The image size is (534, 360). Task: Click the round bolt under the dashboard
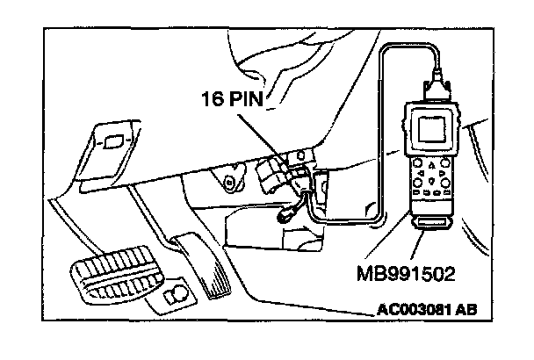231,184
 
